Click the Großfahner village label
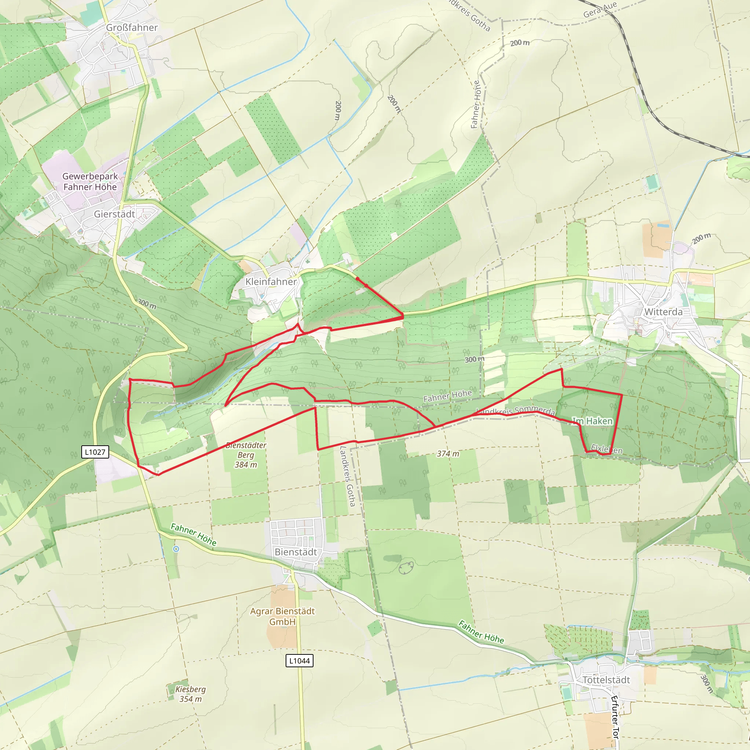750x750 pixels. pos(131,27)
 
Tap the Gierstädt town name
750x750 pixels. pos(114,214)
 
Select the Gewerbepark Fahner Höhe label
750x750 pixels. pos(90,181)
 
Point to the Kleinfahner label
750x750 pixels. pos(271,282)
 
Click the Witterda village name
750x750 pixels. pos(663,312)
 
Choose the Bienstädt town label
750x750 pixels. pos(296,552)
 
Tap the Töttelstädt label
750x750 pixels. pos(606,680)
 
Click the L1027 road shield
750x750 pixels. pos(95,452)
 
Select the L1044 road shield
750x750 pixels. pos(299,660)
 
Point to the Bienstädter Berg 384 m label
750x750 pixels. pos(246,454)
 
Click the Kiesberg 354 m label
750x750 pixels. pos(190,694)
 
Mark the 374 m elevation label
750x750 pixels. pos(448,453)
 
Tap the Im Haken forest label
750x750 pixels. pos(593,421)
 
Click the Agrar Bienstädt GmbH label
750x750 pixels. pos(282,616)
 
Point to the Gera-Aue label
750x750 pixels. pos(600,10)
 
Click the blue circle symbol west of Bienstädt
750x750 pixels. pos(176,549)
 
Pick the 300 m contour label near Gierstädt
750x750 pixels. pos(147,304)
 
